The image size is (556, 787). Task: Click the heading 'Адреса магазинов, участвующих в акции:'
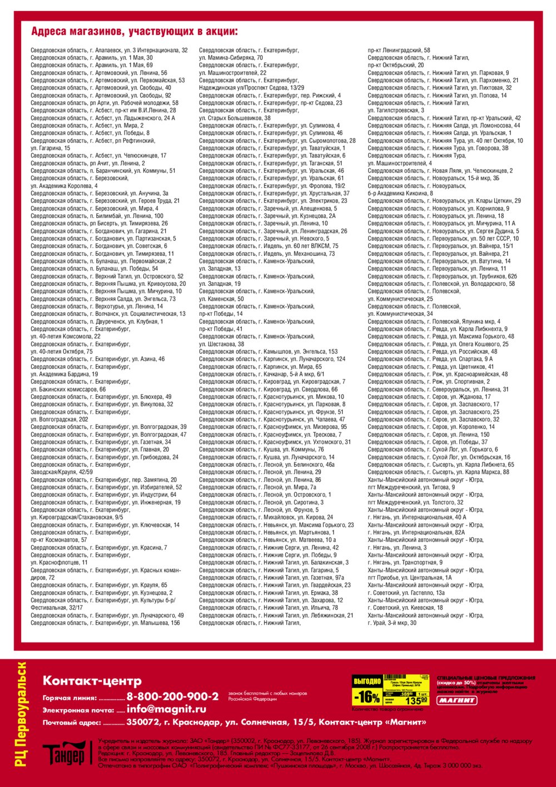134,31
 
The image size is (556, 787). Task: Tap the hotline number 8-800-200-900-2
172,697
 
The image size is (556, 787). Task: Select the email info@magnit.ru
166,709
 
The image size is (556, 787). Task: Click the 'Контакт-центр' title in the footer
92,681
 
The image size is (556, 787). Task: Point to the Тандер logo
64,753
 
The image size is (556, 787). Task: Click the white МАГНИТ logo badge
457,700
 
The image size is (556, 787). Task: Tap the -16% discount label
367,697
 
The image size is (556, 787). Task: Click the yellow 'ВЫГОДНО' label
367,681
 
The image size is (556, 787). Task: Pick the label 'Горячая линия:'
69,698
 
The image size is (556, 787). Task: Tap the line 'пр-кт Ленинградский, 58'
399,50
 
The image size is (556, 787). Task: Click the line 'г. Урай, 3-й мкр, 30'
392,623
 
